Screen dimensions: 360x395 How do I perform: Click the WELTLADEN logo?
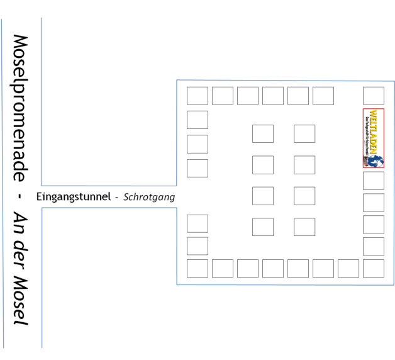coord(373,138)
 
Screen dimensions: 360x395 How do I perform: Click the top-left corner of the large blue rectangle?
coord(177,81)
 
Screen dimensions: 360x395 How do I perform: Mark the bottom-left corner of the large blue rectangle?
coord(177,284)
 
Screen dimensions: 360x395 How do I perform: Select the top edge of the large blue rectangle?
coord(283,81)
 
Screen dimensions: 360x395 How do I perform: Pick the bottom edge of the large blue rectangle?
coord(283,284)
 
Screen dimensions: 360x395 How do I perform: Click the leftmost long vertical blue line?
coord(3,183)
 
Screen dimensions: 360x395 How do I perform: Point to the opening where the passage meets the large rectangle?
coord(177,197)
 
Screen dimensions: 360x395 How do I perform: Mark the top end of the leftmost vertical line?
coord(1,19)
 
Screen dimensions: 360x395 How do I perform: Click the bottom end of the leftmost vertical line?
coord(4,347)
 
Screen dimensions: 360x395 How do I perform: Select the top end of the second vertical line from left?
coord(41,18)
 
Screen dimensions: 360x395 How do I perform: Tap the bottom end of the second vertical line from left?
coord(42,347)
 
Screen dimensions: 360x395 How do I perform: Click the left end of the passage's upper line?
coord(42,186)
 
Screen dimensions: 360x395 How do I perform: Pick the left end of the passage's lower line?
coord(42,208)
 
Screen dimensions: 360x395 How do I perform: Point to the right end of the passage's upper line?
coord(176,186)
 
